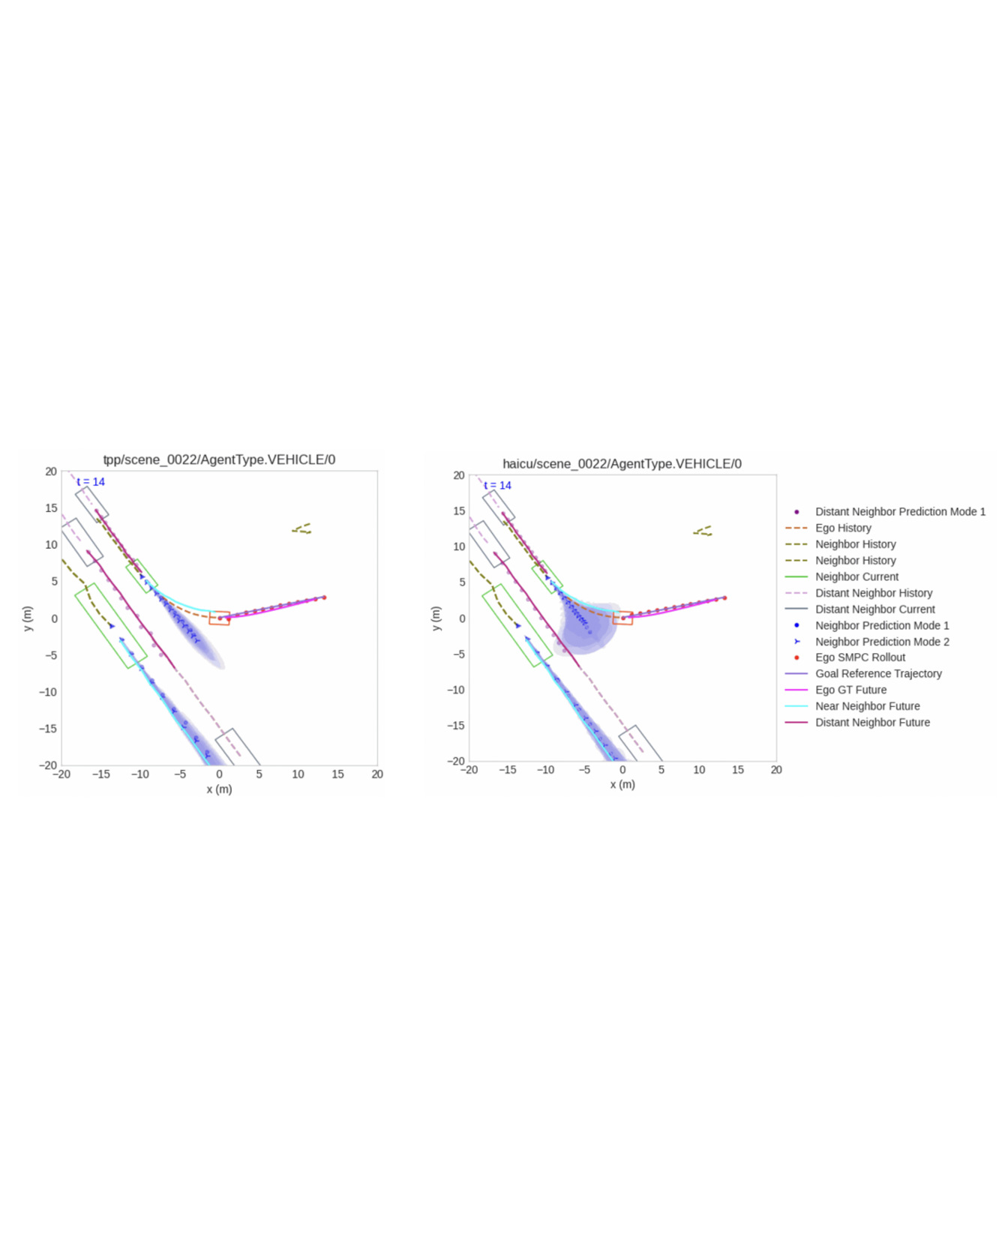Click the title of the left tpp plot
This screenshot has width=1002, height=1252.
tap(219, 460)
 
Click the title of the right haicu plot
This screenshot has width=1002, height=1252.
tap(622, 464)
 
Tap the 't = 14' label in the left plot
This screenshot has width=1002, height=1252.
tap(91, 482)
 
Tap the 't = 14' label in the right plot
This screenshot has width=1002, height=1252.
tap(497, 486)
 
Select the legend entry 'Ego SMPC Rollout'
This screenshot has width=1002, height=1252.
tap(859, 657)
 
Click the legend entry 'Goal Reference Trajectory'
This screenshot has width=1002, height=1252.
tap(878, 674)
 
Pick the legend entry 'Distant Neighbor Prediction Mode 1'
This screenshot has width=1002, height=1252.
tap(900, 511)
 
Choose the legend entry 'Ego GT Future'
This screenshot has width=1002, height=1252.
tap(850, 690)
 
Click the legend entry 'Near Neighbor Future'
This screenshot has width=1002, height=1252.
tap(867, 706)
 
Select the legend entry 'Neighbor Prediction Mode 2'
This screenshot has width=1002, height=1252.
tap(882, 642)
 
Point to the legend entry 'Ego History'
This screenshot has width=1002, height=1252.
tap(843, 528)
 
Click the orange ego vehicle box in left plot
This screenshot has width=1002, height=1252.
tap(219, 618)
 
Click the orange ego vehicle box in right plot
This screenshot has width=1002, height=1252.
tap(622, 618)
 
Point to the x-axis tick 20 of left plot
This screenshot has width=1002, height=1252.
tap(377, 774)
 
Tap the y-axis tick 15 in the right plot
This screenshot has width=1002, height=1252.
tap(459, 511)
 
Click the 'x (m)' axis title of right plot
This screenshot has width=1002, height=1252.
tap(622, 784)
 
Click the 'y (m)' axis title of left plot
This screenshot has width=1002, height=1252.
tap(28, 619)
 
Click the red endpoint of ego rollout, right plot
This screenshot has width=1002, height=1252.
tap(724, 598)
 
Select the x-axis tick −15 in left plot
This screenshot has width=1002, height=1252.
tap(100, 774)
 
